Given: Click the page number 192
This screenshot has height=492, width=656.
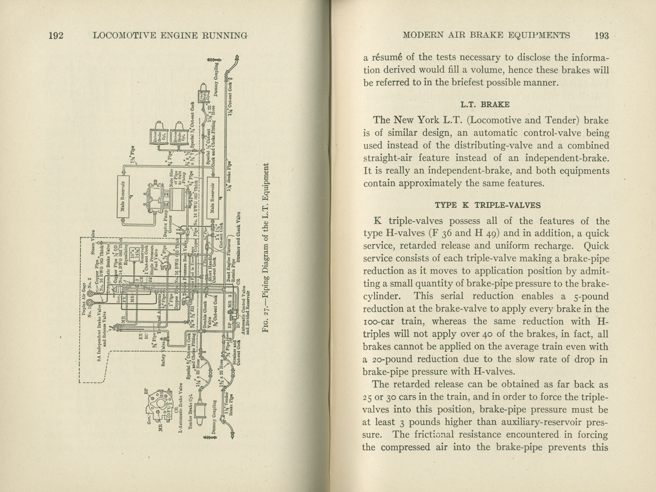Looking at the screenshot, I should (x=56, y=36).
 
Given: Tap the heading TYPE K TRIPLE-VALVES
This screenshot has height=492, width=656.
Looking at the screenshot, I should (x=488, y=205).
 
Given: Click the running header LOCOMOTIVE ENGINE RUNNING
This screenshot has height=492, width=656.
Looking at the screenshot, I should (x=171, y=36).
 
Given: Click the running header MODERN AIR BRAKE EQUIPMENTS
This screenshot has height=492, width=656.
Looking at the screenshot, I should (x=486, y=36).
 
